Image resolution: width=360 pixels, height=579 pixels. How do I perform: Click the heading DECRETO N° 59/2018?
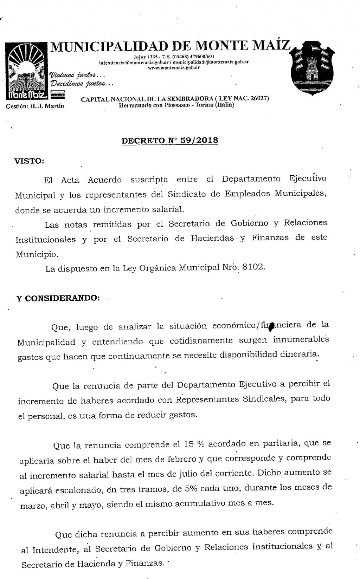170,141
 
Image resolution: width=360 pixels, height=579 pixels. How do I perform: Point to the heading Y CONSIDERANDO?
58,298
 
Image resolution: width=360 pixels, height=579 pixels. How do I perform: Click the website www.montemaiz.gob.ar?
174,67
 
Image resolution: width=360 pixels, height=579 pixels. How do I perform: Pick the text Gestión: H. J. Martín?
35,106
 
